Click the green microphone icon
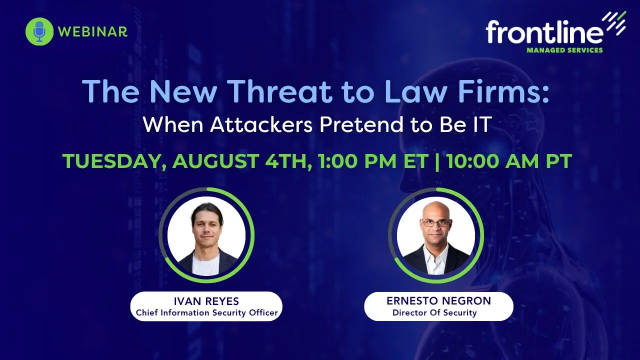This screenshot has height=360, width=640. tap(39, 31)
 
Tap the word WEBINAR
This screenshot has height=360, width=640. tap(93, 31)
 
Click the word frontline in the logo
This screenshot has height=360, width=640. tap(544, 31)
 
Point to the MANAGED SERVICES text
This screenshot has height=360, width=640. tap(565, 50)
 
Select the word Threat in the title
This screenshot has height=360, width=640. tap(281, 91)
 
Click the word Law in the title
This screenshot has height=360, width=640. tap(416, 91)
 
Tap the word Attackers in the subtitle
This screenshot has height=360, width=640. tap(261, 124)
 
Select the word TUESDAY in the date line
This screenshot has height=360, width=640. tap(112, 161)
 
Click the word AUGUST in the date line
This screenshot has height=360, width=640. tap(215, 161)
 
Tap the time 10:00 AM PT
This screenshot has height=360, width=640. tap(509, 161)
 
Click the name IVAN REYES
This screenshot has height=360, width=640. tap(206, 301)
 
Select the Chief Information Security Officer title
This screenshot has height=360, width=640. tap(207, 312)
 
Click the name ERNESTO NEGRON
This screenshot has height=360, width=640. tap(439, 300)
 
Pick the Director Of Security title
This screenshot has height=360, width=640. tap(434, 312)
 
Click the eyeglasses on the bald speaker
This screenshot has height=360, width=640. tap(436, 223)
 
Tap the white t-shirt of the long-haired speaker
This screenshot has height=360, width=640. tap(205, 265)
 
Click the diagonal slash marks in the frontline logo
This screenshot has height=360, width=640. tap(614, 23)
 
